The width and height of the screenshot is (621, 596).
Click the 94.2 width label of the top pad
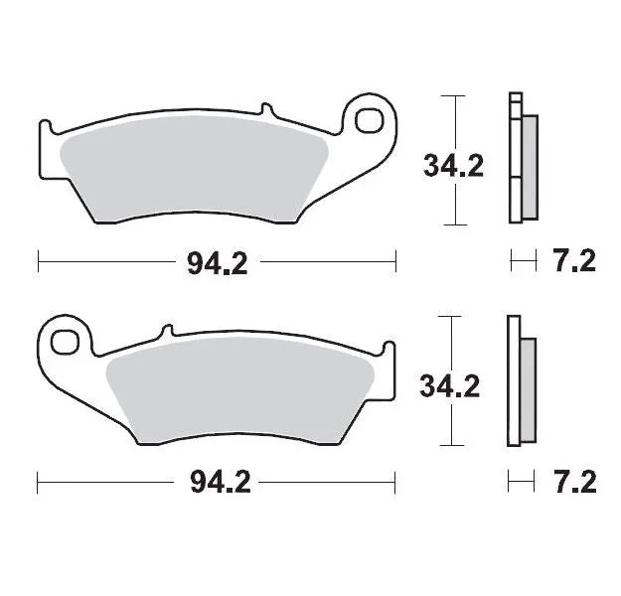coord(217,263)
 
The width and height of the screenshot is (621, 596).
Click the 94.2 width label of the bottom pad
coord(217,484)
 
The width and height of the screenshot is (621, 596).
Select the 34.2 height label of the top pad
coord(453,165)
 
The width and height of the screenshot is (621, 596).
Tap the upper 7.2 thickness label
coord(572,263)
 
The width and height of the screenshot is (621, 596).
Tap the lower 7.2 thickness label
coord(572,484)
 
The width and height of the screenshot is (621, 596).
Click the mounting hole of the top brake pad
coord(369,118)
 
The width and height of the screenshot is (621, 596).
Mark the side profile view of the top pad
coord(522,159)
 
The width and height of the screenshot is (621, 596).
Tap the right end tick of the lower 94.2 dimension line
coord(395,484)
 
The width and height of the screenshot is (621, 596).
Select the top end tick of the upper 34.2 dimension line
coord(454,96)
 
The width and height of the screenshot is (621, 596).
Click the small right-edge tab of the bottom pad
coord(390,348)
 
